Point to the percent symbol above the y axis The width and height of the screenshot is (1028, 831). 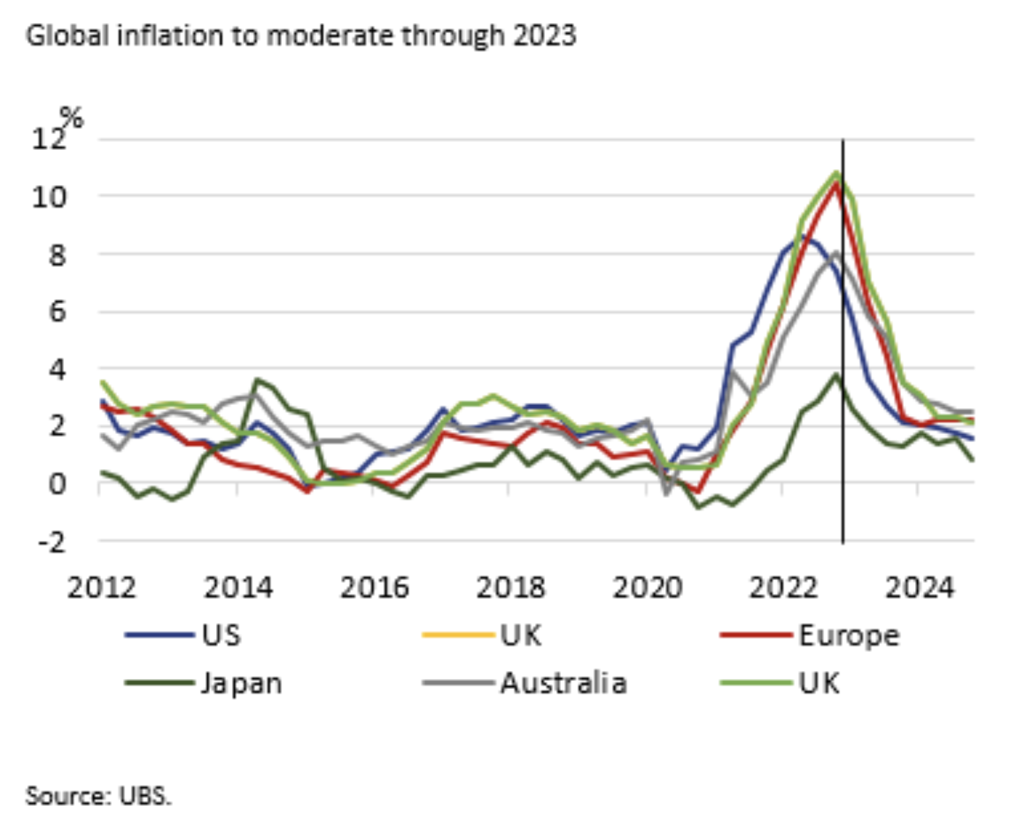71,118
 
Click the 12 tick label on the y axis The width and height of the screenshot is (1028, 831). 49,139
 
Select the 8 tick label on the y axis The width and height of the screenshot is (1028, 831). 57,254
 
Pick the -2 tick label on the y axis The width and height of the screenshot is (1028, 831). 52,542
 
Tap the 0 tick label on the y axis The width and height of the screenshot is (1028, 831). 57,484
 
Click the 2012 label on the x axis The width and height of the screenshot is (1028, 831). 101,587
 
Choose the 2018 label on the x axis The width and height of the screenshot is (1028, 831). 511,587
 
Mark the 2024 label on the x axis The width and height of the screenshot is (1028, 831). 920,587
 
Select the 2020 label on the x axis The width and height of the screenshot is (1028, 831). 647,587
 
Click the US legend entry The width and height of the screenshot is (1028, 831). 221,635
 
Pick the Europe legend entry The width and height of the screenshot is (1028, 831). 848,635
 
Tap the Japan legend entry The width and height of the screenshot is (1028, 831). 241,683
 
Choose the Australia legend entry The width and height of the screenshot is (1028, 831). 563,683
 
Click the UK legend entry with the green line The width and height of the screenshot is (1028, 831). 819,683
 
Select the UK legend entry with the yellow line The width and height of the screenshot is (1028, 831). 521,635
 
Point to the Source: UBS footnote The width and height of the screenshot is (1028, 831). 98,795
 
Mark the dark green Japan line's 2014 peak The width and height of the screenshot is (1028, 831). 258,379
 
